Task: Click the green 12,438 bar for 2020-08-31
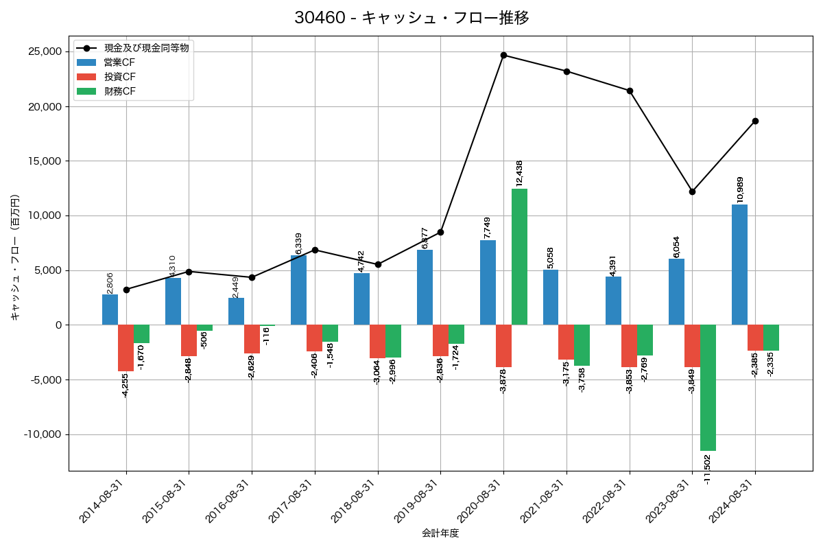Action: click(519, 257)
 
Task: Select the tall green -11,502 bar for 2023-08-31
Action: click(708, 388)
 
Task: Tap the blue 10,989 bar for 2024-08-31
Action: click(739, 264)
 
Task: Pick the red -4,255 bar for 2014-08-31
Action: click(126, 348)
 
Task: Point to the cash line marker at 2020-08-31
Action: click(503, 55)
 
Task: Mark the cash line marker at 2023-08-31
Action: click(692, 191)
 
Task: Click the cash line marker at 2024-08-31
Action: click(755, 121)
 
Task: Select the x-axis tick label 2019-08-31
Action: click(417, 502)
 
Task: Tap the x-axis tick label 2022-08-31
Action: click(606, 502)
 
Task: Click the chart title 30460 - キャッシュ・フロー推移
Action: click(411, 18)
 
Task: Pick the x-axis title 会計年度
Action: click(440, 533)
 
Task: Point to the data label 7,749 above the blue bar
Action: click(488, 226)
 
